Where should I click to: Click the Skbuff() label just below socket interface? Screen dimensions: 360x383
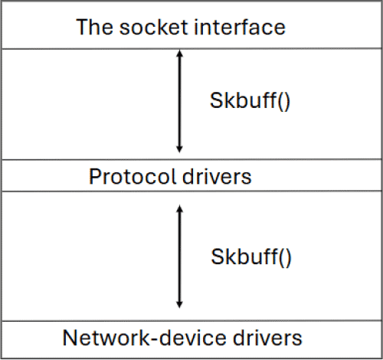250,100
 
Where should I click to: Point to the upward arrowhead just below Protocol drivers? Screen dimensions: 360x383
179,209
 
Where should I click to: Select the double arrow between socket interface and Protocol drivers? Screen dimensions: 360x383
179,101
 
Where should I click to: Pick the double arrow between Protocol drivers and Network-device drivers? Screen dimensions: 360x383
179,256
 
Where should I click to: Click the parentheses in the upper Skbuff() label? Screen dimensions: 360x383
283,100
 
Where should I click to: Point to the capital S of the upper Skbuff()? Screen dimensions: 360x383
215,100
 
